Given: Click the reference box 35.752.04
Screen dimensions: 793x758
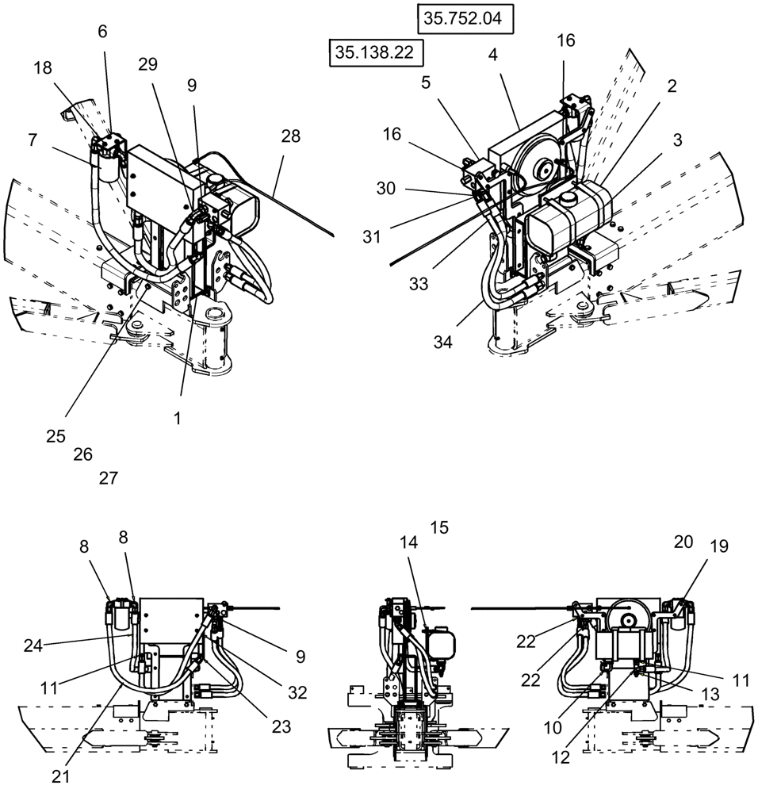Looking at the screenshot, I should (463, 19).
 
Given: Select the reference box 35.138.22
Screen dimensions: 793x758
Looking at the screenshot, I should (375, 53).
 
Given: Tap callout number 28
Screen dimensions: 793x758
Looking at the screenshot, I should (290, 136).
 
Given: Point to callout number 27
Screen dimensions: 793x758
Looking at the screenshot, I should (108, 478).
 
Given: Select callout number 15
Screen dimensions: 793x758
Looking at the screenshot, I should (438, 527).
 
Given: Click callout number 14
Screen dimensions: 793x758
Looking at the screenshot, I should (408, 542).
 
